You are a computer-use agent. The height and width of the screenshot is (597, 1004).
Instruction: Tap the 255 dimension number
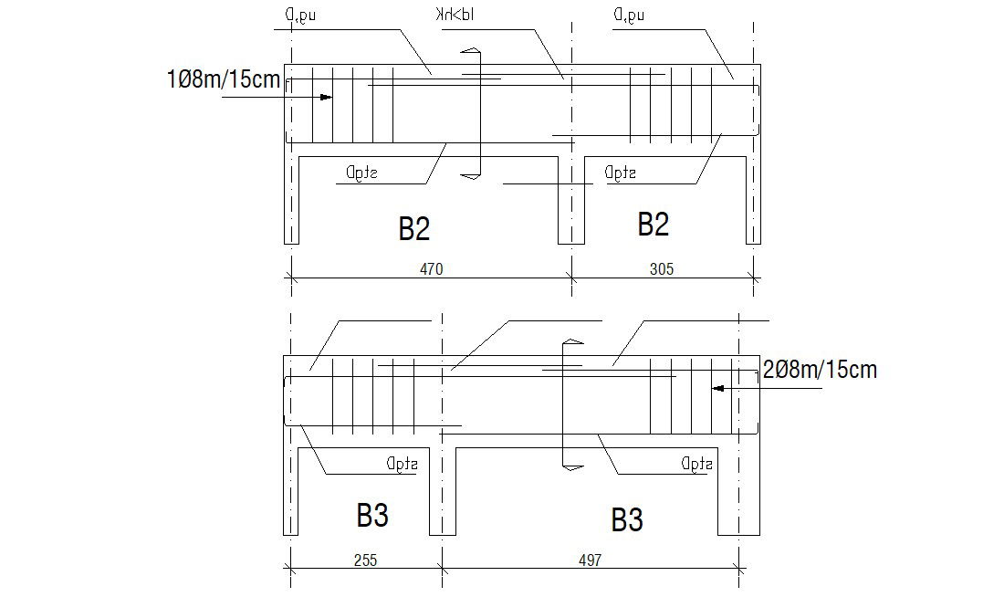(365, 560)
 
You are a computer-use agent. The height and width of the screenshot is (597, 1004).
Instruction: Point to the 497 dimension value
(590, 560)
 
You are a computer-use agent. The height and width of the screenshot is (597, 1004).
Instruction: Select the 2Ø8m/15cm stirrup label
(819, 370)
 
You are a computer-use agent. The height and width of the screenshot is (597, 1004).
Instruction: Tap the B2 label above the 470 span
(413, 228)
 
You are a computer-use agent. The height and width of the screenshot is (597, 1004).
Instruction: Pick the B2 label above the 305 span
(653, 224)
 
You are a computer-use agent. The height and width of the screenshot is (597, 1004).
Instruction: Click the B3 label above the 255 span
(372, 516)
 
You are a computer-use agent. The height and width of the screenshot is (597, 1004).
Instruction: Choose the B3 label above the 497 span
(627, 519)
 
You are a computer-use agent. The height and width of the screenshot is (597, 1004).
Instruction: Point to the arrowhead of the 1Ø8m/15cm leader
(325, 97)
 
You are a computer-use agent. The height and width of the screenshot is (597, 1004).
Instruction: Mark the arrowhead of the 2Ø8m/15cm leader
(718, 388)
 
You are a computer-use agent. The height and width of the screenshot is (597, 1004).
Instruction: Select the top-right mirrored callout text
(631, 16)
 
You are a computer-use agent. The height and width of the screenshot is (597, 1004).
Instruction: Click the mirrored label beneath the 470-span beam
(363, 173)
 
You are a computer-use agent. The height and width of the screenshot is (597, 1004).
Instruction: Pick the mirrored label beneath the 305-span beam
(620, 173)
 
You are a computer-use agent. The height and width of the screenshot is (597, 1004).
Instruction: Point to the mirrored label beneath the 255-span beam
(402, 464)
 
